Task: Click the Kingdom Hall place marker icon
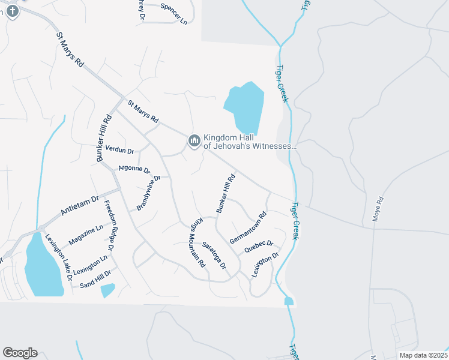[194, 141]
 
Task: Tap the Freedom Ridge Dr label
[109, 226]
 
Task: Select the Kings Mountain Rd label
[197, 241]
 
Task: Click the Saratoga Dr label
[214, 256]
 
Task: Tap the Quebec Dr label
[259, 247]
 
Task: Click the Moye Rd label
[378, 209]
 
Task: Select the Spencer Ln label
[174, 13]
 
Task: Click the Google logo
[20, 353]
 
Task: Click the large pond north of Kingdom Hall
[245, 107]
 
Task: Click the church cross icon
[13, 11]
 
